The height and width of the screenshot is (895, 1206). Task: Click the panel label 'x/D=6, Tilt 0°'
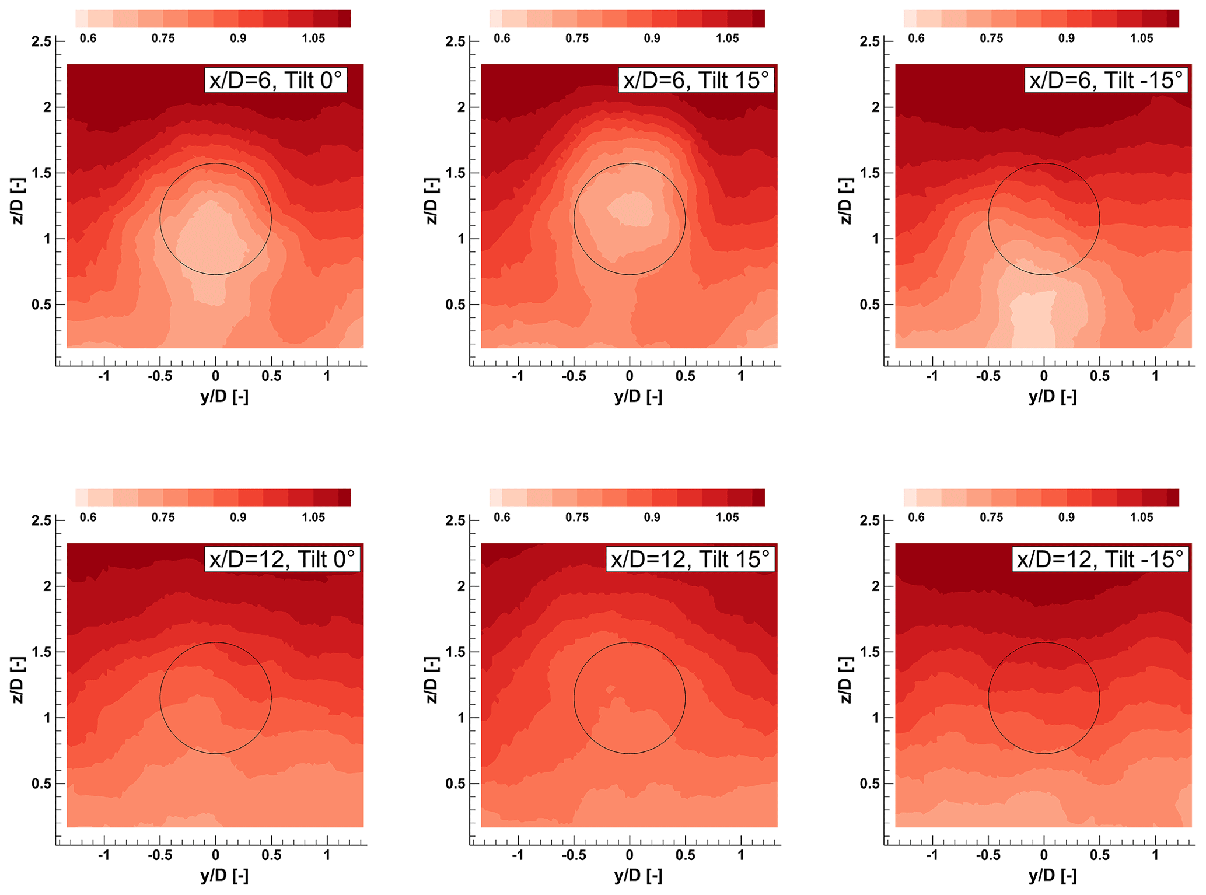275,80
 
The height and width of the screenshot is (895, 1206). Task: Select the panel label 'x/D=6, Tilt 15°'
696,80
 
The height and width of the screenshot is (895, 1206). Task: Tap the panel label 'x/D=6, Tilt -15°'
1106,80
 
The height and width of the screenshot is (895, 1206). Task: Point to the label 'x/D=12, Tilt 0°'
282,559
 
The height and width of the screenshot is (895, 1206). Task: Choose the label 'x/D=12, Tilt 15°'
690,559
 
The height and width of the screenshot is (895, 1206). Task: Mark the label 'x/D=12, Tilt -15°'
1100,559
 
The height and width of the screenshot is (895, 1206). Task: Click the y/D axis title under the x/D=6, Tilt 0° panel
224,397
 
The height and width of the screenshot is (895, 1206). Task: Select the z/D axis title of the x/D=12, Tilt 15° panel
431,680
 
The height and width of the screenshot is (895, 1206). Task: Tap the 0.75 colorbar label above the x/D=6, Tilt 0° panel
163,39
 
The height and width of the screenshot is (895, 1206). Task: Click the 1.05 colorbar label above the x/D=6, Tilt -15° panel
1141,39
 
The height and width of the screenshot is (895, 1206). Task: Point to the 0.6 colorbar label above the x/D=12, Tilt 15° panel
502,518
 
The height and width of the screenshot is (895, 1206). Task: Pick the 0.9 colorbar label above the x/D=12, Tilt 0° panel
238,518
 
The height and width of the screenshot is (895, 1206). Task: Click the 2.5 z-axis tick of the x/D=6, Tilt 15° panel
455,41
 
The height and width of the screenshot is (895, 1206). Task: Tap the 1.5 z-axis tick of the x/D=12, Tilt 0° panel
41,652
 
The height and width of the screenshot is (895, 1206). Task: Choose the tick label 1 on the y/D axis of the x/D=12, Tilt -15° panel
1155,855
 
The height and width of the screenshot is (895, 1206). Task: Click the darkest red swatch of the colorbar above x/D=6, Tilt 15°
758,19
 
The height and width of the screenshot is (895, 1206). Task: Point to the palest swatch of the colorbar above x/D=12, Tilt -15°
910,498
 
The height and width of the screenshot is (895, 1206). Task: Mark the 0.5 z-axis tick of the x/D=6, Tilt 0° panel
41,305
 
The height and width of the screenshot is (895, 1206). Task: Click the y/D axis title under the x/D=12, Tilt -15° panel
1053,876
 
